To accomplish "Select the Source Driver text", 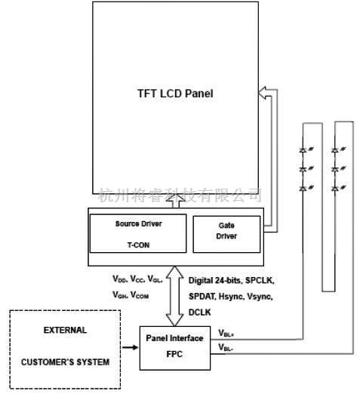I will [138, 224].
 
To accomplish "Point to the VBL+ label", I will [226, 332].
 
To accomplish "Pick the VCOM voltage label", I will [140, 295].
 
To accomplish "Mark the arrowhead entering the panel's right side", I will [261, 94].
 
